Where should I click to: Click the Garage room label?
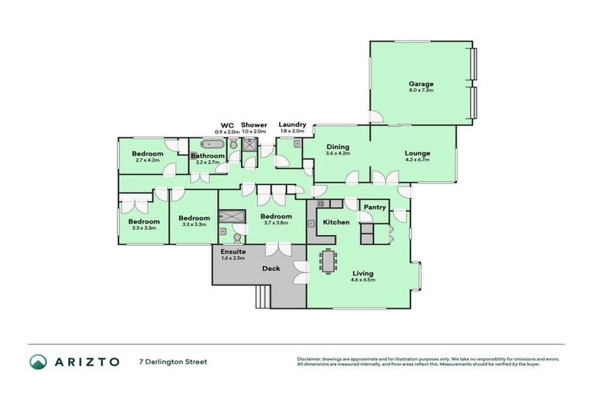pyautogui.click(x=421, y=84)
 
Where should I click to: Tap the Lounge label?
pyautogui.click(x=417, y=153)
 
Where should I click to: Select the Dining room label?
pyautogui.click(x=338, y=147)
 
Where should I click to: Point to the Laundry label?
pyautogui.click(x=292, y=125)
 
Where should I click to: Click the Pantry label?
pyautogui.click(x=375, y=207)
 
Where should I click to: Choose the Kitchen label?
pyautogui.click(x=336, y=222)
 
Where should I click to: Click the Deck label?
pyautogui.click(x=270, y=269)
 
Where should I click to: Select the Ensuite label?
pyautogui.click(x=233, y=252)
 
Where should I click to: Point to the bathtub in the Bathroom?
pyautogui.click(x=210, y=145)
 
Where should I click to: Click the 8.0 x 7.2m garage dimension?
pyautogui.click(x=421, y=90)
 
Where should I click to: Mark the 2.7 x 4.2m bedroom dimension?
pyautogui.click(x=147, y=160)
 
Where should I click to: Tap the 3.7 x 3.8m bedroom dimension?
pyautogui.click(x=276, y=223)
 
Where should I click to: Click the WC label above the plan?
pyautogui.click(x=227, y=125)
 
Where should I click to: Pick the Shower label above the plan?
pyautogui.click(x=253, y=125)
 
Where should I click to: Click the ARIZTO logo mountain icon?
pyautogui.click(x=38, y=361)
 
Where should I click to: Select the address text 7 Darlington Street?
pyautogui.click(x=173, y=361)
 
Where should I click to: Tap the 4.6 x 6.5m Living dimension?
pyautogui.click(x=363, y=280)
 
